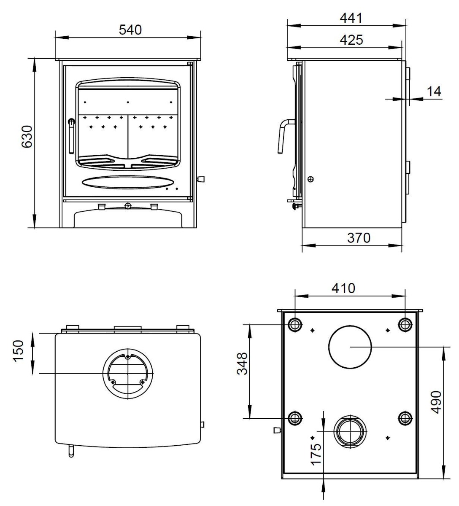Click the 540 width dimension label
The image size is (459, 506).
click(130, 30)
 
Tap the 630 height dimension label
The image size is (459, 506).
click(27, 137)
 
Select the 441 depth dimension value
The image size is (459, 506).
click(351, 18)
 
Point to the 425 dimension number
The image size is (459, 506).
click(351, 40)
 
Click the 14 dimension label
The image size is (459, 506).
click(434, 92)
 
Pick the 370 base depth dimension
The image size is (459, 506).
click(359, 238)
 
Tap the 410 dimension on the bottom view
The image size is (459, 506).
click(343, 288)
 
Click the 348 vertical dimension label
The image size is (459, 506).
click(243, 364)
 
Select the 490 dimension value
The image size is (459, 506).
click(436, 403)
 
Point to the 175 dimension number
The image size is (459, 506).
click(316, 454)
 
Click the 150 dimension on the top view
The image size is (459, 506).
click(19, 351)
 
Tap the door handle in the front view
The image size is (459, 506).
click(71, 136)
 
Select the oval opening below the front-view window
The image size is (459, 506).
click(128, 182)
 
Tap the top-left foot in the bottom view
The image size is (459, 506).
click(295, 325)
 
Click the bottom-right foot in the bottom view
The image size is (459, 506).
click(405, 418)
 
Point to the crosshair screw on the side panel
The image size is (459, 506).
click(311, 179)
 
